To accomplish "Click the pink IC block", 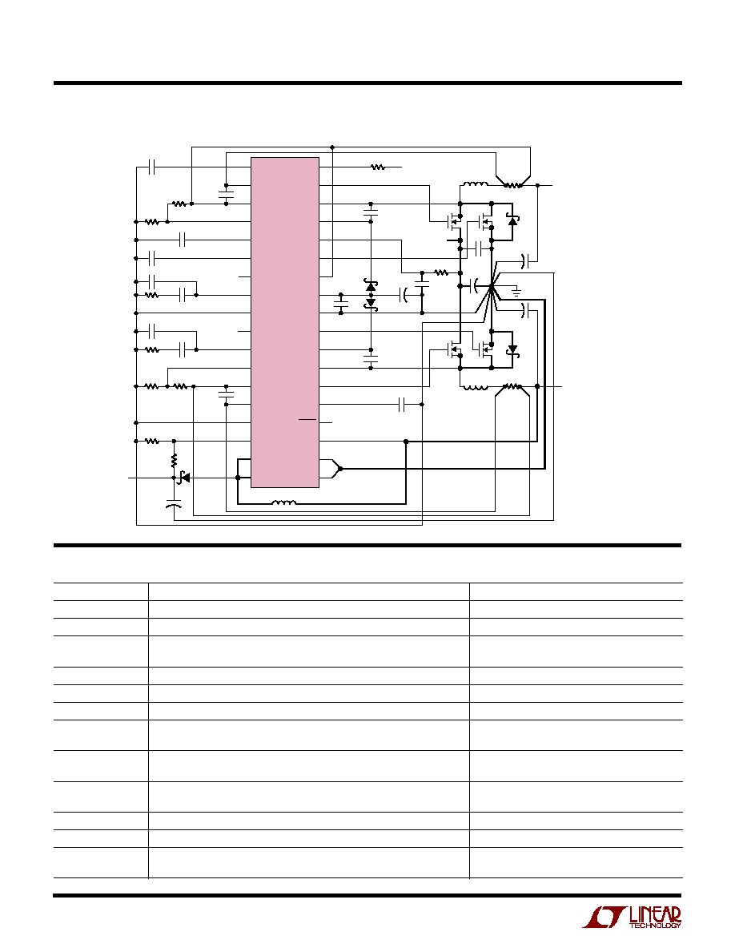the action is coord(285,322).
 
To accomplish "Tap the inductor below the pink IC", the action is coord(283,502).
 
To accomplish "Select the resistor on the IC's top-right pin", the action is coord(378,167).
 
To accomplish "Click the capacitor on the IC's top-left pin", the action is coord(151,167).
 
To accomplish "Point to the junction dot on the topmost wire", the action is coord(332,147).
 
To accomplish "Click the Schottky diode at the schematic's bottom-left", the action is coord(184,478).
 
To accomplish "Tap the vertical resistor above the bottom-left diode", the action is coord(174,460).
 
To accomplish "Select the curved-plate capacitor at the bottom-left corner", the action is coord(174,502).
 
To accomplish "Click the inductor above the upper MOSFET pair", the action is coord(476,184).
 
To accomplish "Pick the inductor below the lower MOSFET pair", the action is coord(475,387).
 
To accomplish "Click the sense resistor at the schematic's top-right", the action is coord(513,185).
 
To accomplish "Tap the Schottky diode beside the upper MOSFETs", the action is coord(512,220).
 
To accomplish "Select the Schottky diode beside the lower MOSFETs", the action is coord(512,349).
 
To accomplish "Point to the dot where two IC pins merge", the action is coord(340,469).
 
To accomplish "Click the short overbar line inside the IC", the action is coord(307,419).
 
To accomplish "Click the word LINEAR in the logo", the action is coord(655,914).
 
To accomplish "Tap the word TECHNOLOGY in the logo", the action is coord(655,926).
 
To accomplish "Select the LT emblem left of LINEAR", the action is coord(604,918).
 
